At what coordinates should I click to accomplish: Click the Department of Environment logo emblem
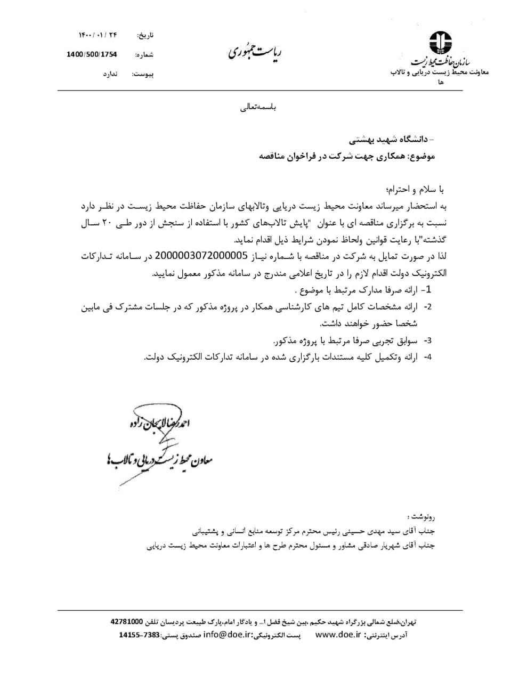pos(441,42)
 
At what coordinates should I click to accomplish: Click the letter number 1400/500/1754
pos(92,54)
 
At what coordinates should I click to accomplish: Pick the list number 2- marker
pos(427,307)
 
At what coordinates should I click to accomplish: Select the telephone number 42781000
pos(126,621)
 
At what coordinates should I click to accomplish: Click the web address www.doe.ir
pos(338,635)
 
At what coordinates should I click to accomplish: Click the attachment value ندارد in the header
pos(110,74)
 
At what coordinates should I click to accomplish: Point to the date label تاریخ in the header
pos(144,35)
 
